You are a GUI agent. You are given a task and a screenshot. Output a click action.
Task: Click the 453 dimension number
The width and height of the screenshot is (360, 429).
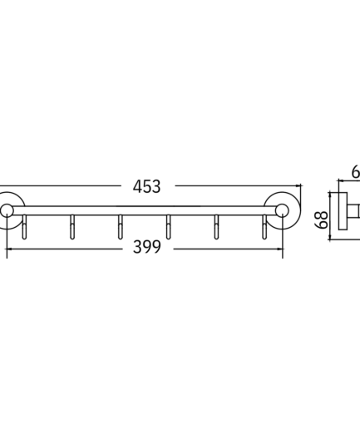click(x=146, y=186)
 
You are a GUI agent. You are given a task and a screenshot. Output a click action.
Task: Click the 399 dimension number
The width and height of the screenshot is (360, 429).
click(x=147, y=247)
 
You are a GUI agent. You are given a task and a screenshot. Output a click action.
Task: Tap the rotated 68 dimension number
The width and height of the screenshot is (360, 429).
click(x=322, y=219)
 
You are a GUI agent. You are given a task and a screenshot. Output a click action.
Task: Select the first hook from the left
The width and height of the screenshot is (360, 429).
click(x=24, y=227)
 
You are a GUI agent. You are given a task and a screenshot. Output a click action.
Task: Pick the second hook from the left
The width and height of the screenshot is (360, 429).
click(x=72, y=227)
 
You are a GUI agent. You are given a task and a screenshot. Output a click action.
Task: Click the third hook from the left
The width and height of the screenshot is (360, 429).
click(x=120, y=227)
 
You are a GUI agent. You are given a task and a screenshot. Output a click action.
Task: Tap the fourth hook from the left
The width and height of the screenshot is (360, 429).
click(x=168, y=227)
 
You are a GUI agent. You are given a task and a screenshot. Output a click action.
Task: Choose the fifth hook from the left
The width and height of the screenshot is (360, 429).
click(x=216, y=227)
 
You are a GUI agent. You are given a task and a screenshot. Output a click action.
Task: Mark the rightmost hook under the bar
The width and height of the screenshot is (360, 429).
click(x=264, y=227)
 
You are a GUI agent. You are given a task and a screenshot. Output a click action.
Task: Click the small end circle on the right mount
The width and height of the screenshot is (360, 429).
click(x=282, y=211)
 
